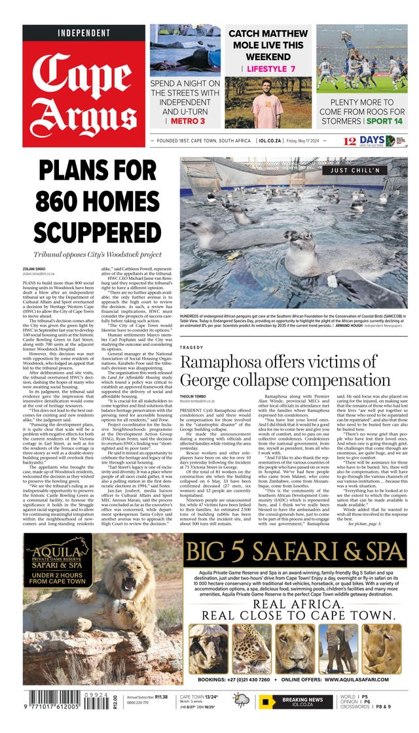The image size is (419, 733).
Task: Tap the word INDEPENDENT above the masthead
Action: tap(84, 33)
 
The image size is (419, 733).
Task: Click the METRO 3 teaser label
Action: tap(185, 121)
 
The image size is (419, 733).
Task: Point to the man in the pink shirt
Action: tap(266, 105)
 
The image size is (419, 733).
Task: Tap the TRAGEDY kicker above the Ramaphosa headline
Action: tap(194, 347)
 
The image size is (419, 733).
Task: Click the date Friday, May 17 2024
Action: tap(316, 140)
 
